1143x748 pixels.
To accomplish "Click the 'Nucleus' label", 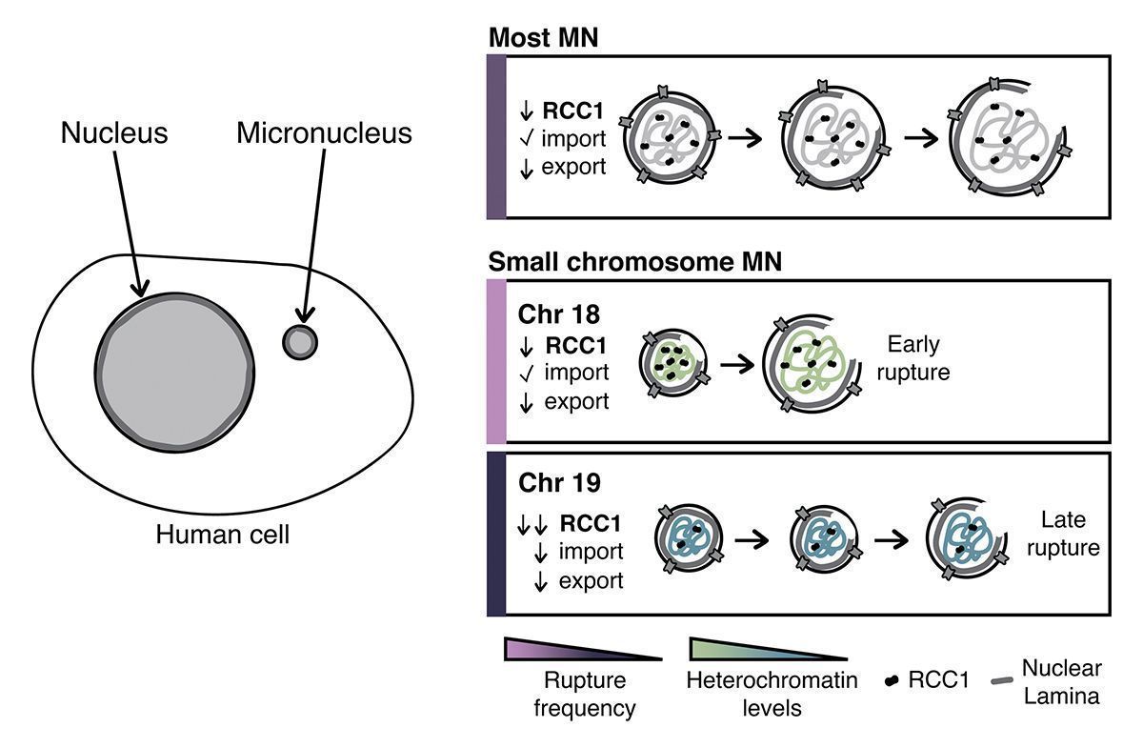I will pyautogui.click(x=114, y=132).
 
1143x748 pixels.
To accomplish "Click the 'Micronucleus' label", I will pyautogui.click(x=324, y=132).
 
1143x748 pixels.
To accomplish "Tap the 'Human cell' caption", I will pyautogui.click(x=223, y=535).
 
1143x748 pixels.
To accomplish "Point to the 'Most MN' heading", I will pyautogui.click(x=544, y=38).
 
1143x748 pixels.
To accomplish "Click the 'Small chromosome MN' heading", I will pyautogui.click(x=634, y=261).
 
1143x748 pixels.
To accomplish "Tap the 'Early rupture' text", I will pyautogui.click(x=917, y=358).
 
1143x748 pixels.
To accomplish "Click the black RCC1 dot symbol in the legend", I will pyautogui.click(x=892, y=681).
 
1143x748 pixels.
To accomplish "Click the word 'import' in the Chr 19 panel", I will pyautogui.click(x=591, y=551).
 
